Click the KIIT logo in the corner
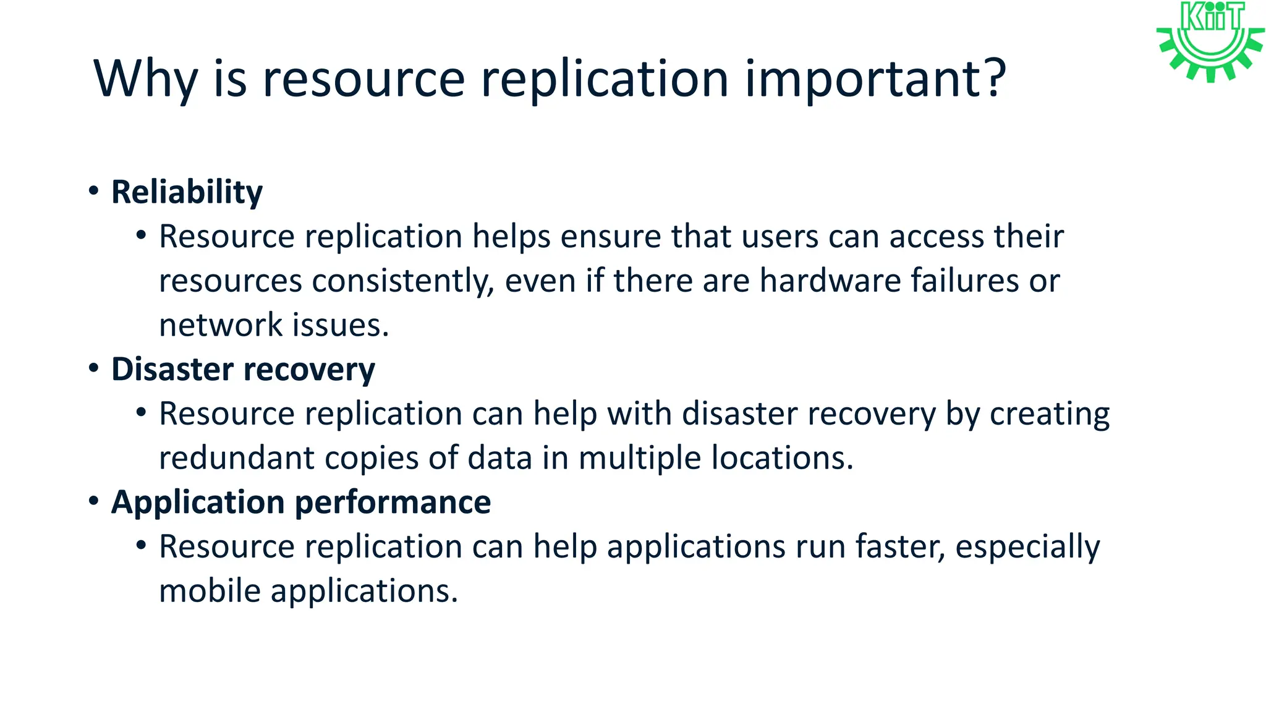click(1210, 41)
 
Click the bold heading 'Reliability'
click(187, 192)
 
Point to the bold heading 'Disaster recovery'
click(243, 369)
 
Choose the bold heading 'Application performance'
click(301, 502)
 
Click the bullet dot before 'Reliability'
click(93, 190)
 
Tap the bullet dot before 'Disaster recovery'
click(93, 368)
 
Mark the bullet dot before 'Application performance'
click(93, 501)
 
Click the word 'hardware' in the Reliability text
click(830, 281)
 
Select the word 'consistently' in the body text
click(402, 281)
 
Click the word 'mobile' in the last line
click(210, 591)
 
